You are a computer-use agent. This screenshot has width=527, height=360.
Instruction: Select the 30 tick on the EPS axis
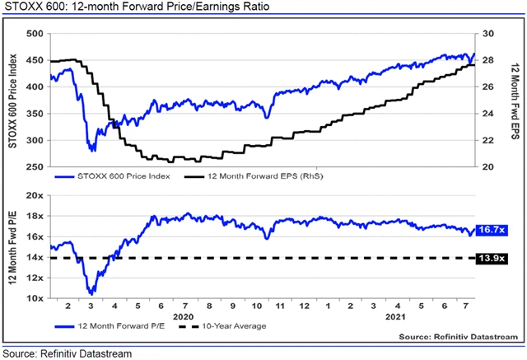coord(487,34)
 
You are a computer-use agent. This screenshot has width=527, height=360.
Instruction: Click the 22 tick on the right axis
coord(487,141)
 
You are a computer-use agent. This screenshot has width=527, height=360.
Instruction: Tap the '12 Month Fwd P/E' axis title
coord(12,246)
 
